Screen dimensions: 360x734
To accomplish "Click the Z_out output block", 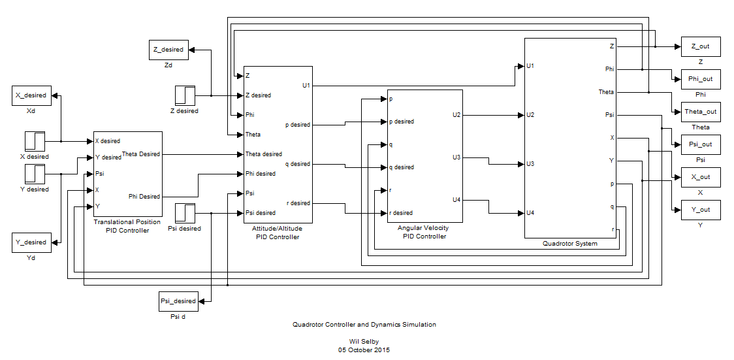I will click(700, 46).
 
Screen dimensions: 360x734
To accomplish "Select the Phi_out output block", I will click(700, 79).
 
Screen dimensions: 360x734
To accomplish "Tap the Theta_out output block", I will click(700, 112).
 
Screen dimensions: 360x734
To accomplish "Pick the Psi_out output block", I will click(700, 144).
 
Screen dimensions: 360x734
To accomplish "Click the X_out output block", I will click(700, 177).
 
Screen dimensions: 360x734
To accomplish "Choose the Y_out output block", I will click(700, 210).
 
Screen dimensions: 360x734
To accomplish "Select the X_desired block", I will click(31, 95).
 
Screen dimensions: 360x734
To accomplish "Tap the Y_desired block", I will click(31, 242).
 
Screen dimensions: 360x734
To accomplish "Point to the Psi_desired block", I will click(178, 301).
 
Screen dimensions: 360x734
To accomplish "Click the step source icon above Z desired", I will click(185, 95).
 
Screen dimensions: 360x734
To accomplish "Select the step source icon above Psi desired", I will click(185, 213).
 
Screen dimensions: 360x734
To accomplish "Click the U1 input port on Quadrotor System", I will click(530, 66).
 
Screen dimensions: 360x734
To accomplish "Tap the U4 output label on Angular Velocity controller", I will click(456, 200).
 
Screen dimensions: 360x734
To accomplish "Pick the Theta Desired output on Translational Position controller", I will click(140, 154).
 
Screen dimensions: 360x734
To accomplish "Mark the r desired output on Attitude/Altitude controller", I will click(298, 203).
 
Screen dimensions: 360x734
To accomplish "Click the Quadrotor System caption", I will click(569, 244).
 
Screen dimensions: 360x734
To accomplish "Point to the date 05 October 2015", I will click(364, 350).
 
